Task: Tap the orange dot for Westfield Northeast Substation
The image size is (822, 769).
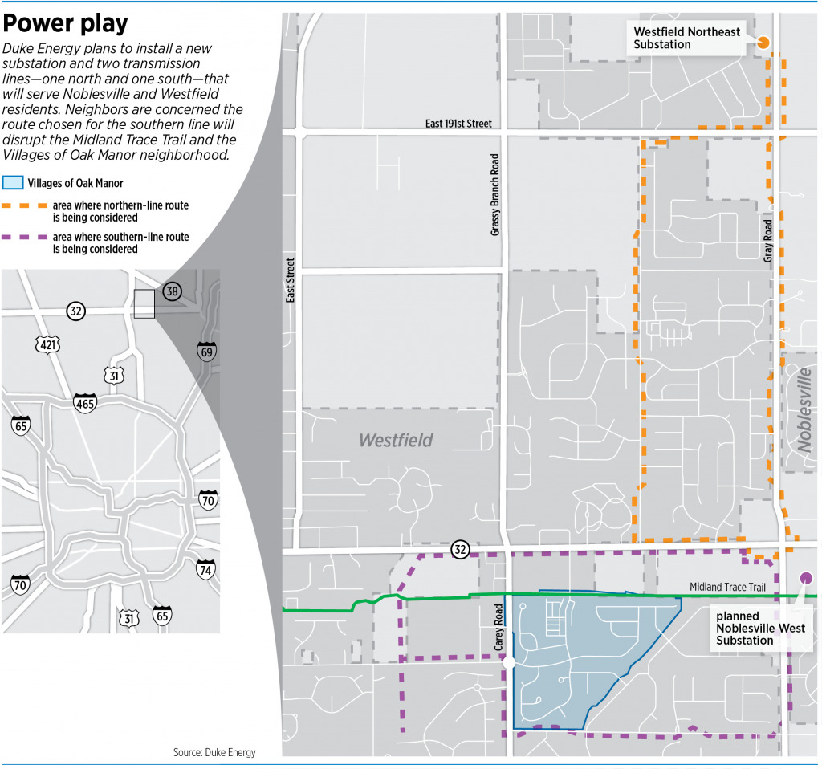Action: (763, 43)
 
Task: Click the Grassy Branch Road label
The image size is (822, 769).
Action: (494, 195)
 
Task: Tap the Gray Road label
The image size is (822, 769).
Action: (768, 240)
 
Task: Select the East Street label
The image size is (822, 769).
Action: (291, 279)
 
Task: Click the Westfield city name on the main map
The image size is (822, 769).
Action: (396, 440)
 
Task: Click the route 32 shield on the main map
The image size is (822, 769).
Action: (460, 550)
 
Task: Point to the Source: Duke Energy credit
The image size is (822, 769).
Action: (214, 752)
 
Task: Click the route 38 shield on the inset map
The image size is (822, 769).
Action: (172, 291)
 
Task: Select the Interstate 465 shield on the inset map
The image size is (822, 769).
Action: (85, 402)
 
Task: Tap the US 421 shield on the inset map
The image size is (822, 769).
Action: (47, 344)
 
